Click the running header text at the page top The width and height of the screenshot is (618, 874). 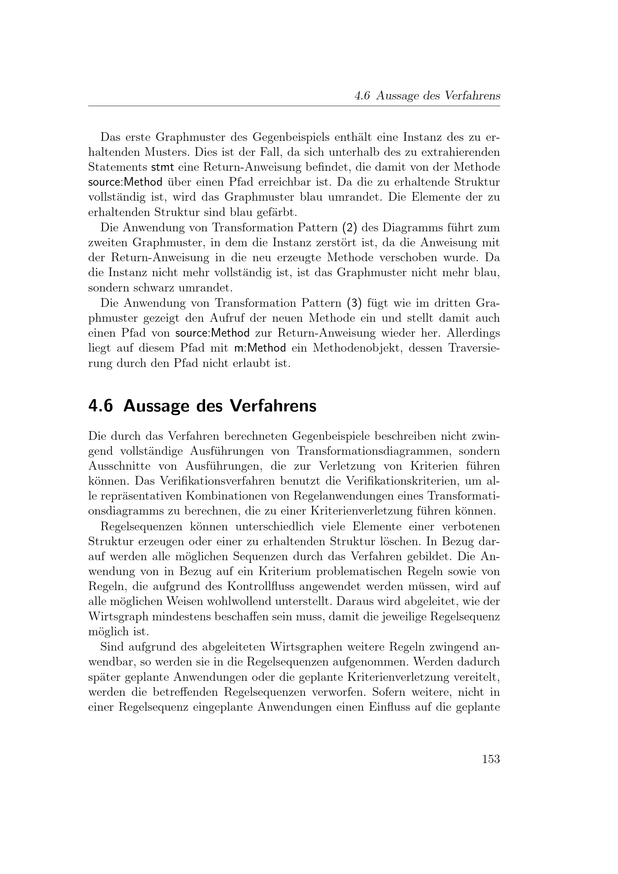[427, 96]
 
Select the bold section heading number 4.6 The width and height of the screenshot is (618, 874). [101, 406]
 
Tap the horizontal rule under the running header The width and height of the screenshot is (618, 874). [294, 106]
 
